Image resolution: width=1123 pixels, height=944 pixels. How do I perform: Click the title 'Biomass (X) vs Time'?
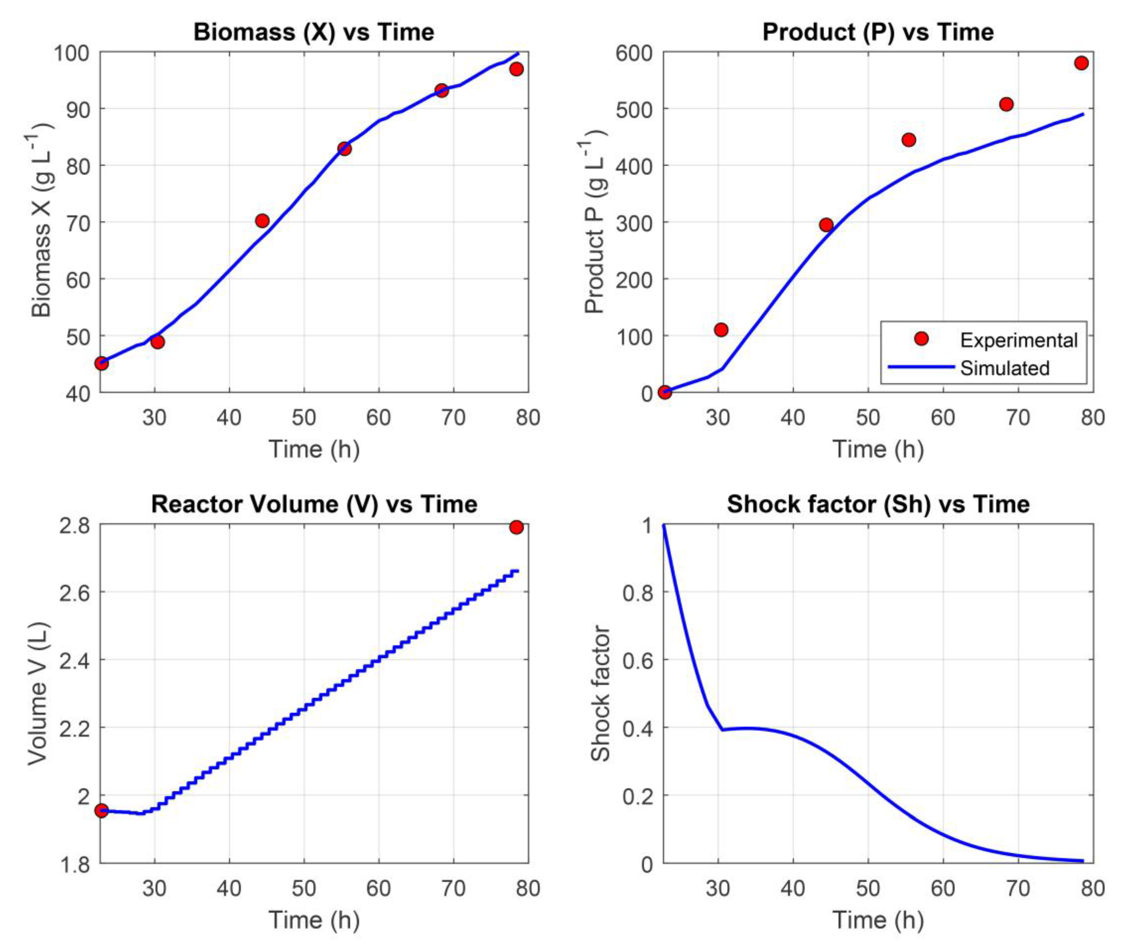(314, 32)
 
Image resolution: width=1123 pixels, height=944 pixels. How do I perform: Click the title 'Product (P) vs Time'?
(878, 32)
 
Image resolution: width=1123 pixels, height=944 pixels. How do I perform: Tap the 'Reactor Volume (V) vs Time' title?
(314, 504)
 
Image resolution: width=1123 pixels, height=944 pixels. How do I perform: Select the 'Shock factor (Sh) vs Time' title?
(878, 504)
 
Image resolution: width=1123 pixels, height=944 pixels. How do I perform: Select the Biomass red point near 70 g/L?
(262, 221)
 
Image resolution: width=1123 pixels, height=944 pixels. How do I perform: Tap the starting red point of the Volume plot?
(101, 810)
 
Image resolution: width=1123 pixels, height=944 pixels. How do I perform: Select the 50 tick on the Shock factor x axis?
(867, 888)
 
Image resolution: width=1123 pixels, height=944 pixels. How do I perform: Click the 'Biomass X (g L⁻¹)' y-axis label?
(41, 221)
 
